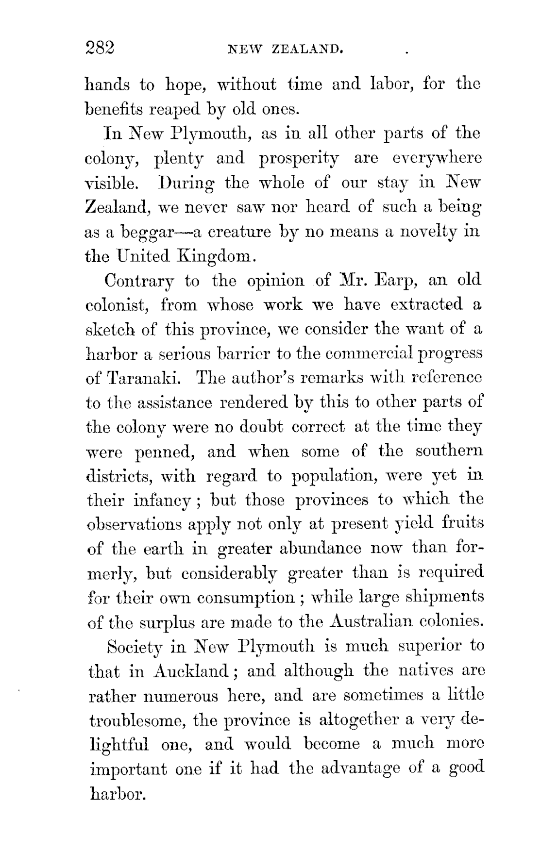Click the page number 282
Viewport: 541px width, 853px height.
pyautogui.click(x=99, y=47)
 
